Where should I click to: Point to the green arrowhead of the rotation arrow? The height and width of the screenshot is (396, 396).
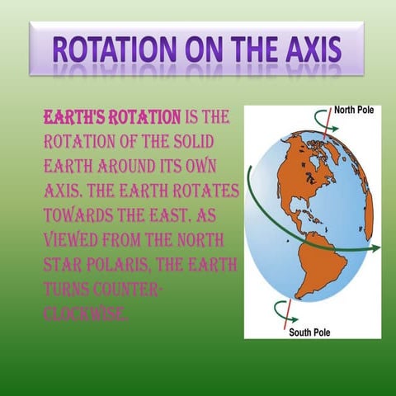click(x=376, y=247)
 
